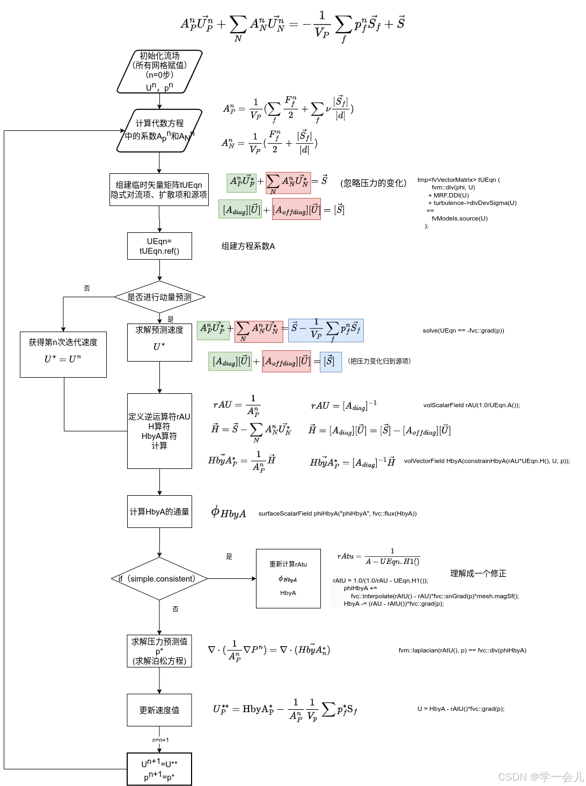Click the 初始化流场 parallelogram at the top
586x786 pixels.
159,72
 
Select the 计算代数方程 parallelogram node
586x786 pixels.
159,130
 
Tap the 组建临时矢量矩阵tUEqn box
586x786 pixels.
159,189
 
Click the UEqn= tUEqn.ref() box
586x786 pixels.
159,246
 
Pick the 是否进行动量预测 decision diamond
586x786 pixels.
159,297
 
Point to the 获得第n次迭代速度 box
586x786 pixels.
63,355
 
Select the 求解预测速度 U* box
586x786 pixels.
159,342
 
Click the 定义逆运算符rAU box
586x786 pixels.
159,431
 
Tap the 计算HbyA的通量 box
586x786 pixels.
159,512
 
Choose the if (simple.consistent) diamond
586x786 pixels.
159,579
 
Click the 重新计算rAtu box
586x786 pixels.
288,578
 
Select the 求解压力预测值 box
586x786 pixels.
159,651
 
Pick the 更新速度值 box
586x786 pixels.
159,710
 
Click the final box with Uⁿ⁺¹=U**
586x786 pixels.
159,769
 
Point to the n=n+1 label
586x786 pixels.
160,740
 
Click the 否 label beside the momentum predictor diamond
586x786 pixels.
87,289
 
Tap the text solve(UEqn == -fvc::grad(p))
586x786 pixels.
463,330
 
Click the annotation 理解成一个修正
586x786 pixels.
478,574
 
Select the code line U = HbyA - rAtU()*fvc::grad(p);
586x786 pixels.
461,709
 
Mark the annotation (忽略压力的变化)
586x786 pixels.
373,183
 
